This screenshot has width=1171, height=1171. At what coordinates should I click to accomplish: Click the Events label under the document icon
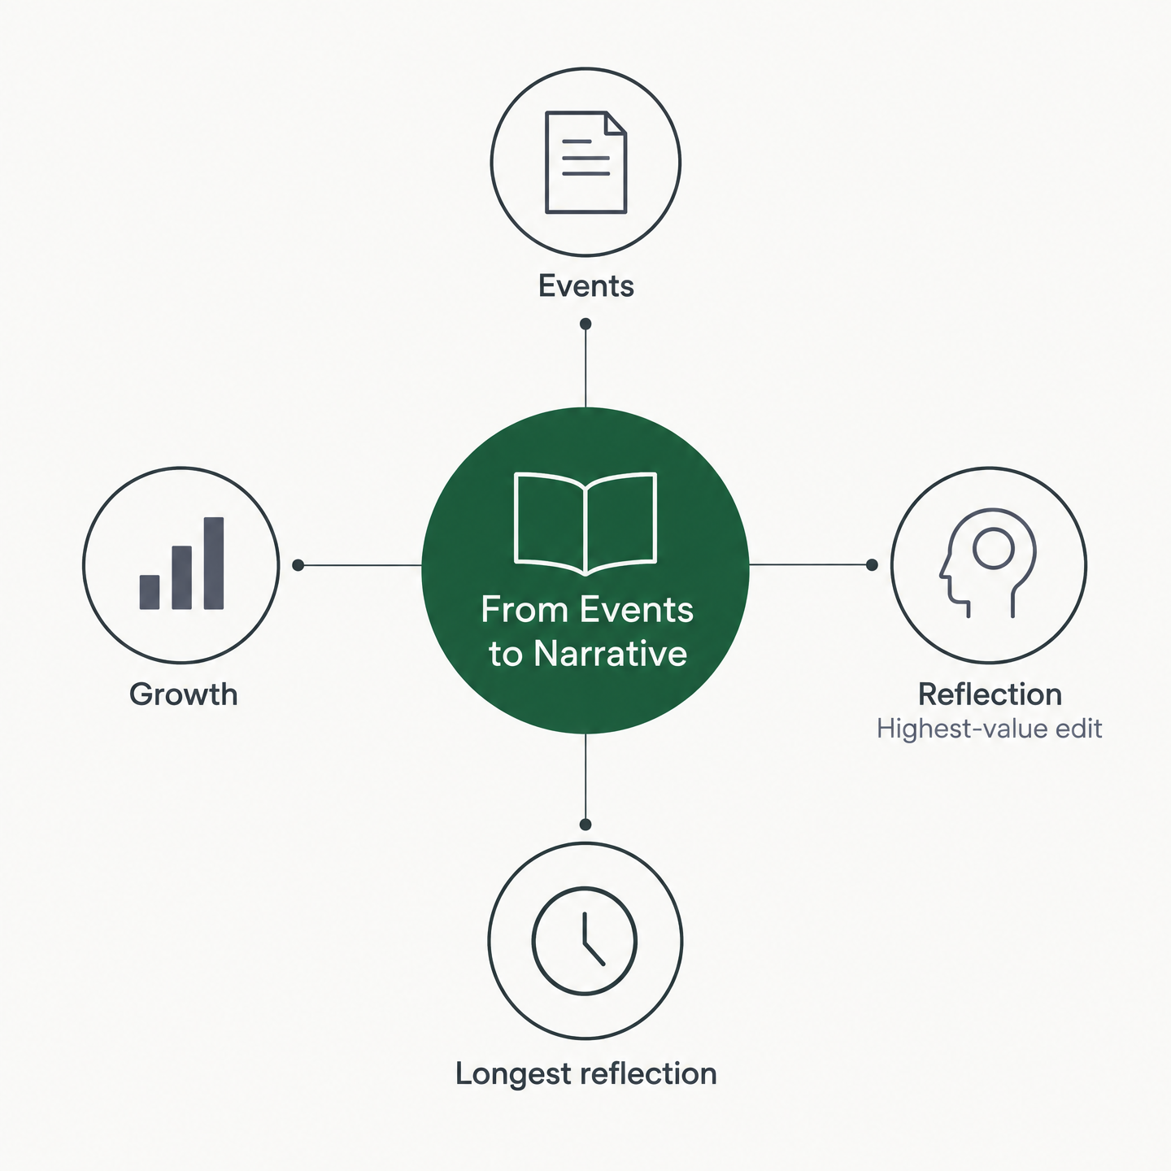pos(585,285)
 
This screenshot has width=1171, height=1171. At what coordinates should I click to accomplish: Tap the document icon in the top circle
pos(585,163)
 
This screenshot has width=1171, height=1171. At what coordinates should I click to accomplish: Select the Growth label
pos(183,694)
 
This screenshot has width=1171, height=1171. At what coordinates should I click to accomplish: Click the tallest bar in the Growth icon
pos(214,563)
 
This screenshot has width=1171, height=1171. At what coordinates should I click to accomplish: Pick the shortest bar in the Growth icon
pos(150,592)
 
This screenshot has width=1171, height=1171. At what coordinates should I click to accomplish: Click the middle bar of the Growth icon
pos(181,577)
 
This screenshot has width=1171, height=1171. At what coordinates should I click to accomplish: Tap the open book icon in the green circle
pos(585,523)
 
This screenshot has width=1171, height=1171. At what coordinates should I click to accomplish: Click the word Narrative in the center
pos(610,654)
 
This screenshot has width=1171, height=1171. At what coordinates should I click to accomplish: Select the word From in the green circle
pos(525,610)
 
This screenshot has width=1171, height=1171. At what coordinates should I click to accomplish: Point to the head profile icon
pos(987,563)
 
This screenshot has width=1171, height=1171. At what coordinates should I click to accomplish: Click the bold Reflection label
pos(990,694)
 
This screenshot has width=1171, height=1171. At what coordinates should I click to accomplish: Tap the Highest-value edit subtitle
pos(990,729)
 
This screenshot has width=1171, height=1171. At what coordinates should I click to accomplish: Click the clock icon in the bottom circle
pos(585,941)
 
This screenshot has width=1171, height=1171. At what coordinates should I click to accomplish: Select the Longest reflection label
pos(585,1073)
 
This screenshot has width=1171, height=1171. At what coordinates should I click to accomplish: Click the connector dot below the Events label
pos(585,324)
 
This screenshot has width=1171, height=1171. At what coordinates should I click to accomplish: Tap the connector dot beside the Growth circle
pos(298,565)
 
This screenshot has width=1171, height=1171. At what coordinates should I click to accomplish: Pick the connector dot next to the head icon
pos(872,564)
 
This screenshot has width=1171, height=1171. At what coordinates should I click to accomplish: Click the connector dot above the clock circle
pos(585,825)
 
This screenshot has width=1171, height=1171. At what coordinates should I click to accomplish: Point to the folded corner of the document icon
pos(615,123)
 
